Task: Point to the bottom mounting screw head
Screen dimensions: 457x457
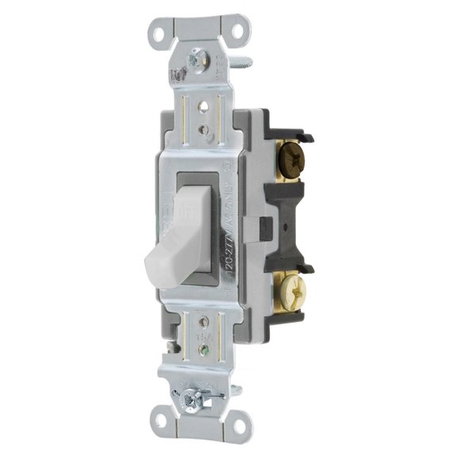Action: (x=190, y=392)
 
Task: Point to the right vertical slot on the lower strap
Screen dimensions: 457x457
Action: (x=221, y=338)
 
